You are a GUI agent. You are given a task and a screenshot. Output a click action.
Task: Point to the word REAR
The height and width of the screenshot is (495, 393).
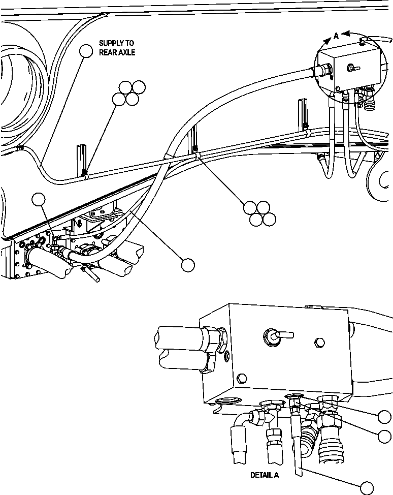108,52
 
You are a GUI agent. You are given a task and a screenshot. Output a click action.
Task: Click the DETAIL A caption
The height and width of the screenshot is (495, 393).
265,476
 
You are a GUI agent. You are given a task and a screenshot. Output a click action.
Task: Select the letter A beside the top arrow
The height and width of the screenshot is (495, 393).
336,36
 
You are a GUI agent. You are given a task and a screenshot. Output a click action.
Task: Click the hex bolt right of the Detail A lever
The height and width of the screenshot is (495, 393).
318,343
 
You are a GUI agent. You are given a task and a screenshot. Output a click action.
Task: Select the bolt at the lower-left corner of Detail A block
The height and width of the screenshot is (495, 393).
242,377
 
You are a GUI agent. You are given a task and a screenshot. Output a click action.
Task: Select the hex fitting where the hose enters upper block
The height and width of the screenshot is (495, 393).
325,71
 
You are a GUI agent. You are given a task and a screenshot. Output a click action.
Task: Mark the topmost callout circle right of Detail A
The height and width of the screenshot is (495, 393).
385,417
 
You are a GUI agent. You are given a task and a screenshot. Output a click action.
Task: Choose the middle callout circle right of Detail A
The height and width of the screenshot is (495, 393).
385,436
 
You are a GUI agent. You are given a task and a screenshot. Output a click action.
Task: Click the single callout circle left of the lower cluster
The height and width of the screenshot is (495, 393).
39,200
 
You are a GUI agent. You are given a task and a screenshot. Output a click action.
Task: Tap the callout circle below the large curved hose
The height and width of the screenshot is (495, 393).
188,264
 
